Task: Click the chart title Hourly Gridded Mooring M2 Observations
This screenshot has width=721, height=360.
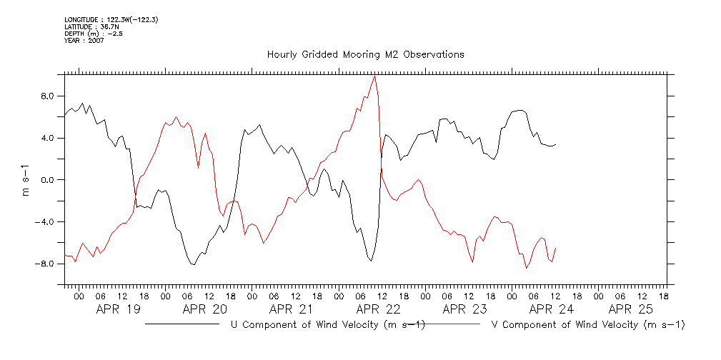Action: (x=365, y=54)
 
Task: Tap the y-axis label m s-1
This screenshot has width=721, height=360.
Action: (x=26, y=179)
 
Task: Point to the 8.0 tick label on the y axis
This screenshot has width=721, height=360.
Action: (x=47, y=96)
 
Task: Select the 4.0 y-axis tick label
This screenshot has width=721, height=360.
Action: (x=47, y=138)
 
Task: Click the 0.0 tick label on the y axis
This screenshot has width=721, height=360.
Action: (x=47, y=180)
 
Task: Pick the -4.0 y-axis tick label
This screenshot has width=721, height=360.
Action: (x=45, y=221)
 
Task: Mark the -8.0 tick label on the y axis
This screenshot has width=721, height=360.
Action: (x=45, y=264)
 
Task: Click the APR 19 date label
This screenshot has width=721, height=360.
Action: (x=117, y=309)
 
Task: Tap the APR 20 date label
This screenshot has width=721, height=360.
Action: (x=204, y=309)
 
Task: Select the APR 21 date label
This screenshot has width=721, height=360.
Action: (x=291, y=309)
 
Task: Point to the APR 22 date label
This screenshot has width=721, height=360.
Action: (x=377, y=309)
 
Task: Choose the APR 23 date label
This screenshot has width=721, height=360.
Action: (x=464, y=309)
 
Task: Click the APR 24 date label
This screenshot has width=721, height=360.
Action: (x=551, y=309)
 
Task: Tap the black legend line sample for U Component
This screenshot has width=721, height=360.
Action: (x=182, y=324)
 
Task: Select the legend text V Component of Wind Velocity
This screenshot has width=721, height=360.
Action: (x=588, y=325)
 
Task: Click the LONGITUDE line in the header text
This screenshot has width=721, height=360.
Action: (x=111, y=19)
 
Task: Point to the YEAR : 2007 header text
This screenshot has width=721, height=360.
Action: (x=84, y=41)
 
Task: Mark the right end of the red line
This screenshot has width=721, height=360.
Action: (x=555, y=248)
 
